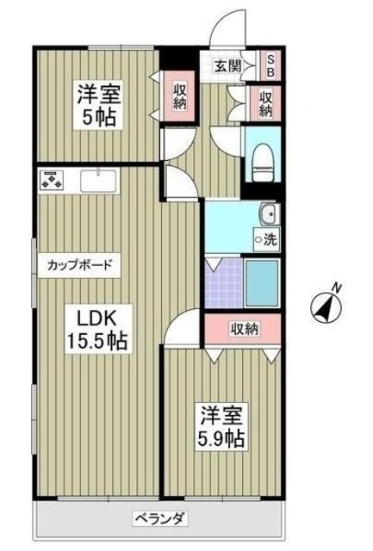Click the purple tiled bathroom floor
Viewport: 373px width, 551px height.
223,284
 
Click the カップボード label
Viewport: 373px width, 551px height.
79,265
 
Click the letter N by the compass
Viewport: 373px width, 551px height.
338,288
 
